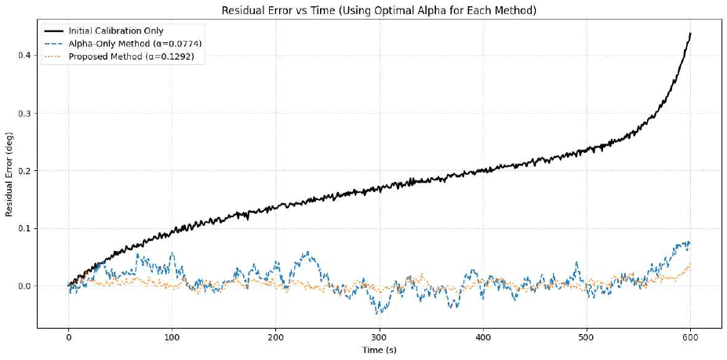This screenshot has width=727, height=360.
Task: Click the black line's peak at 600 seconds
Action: click(690, 34)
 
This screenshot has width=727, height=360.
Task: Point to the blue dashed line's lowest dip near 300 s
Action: click(380, 312)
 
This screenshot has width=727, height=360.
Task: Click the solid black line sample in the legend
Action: click(56, 31)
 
